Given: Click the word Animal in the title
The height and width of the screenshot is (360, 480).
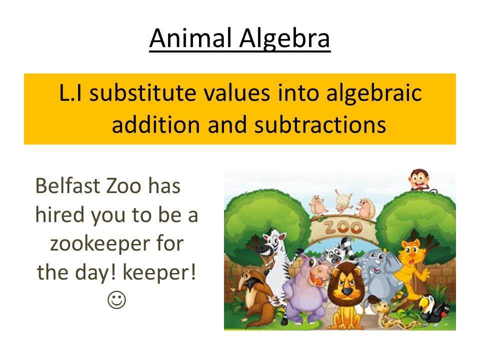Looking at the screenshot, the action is tap(190, 38).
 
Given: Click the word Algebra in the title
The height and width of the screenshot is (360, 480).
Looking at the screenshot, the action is tap(284, 39).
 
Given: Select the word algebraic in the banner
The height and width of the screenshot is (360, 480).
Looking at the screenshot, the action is tap(374, 93).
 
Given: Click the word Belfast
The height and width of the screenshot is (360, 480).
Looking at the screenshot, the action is tap(67, 185).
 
